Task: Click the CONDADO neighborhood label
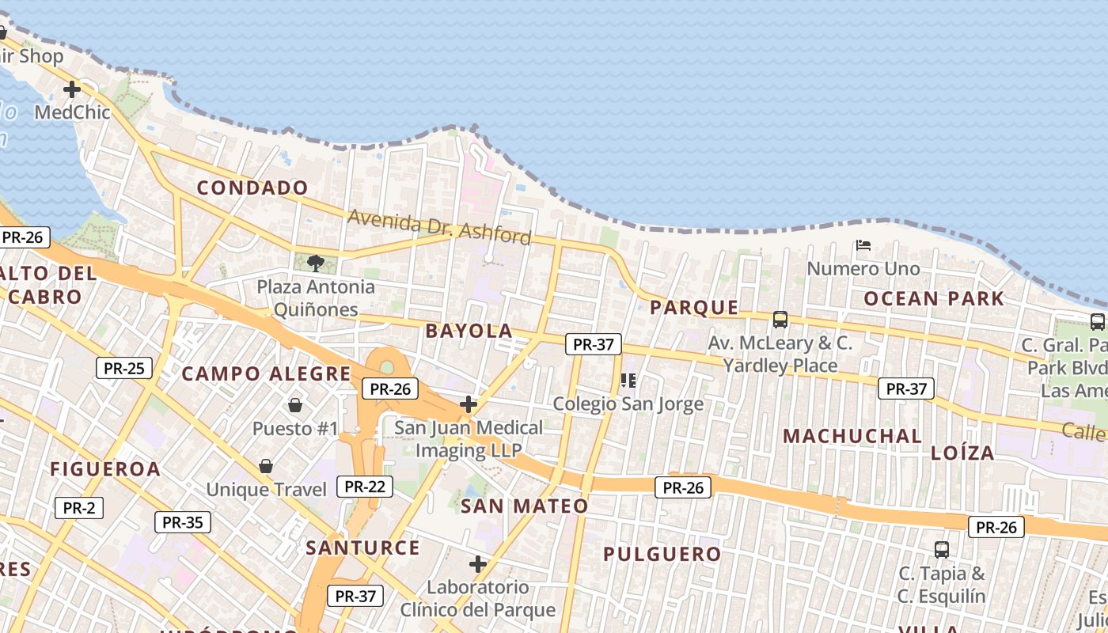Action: (252, 188)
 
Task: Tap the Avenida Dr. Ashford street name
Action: (439, 226)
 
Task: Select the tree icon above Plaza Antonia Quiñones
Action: (316, 263)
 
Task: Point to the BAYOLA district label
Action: (469, 331)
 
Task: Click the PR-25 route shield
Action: (124, 368)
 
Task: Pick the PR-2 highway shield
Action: (79, 508)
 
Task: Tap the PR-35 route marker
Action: (182, 522)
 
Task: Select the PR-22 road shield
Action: (365, 487)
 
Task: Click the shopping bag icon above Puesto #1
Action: (295, 405)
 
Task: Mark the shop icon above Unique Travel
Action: (266, 466)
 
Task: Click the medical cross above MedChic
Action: (72, 89)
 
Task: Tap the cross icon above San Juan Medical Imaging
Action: (469, 405)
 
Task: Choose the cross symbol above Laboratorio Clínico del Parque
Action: (477, 564)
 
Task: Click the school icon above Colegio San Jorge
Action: (628, 381)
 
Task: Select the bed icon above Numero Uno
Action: (863, 245)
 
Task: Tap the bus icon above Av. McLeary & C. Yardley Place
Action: (780, 320)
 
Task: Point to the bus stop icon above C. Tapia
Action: (942, 549)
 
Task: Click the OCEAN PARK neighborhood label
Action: (934, 299)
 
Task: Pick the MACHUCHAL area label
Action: (852, 436)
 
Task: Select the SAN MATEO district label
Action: (525, 506)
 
